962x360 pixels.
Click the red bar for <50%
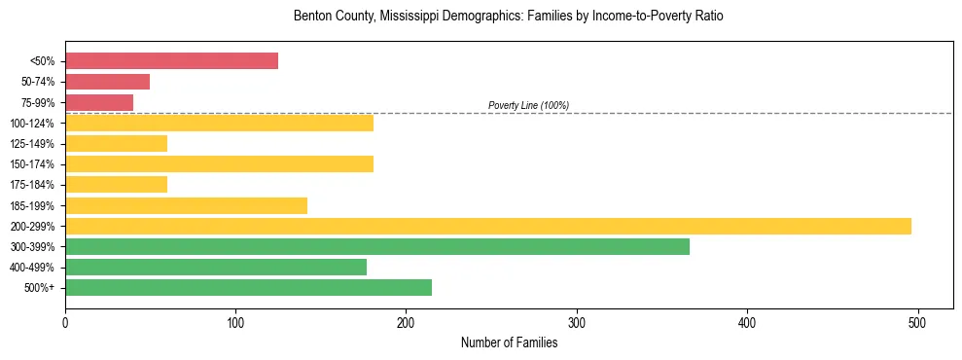(x=171, y=61)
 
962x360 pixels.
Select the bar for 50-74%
(x=107, y=82)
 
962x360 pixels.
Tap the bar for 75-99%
(x=99, y=102)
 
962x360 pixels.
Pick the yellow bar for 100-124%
(x=219, y=123)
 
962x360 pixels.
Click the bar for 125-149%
(x=116, y=144)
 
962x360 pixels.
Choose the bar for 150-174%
(x=219, y=164)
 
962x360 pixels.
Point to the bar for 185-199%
(x=186, y=205)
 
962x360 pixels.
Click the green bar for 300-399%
(x=377, y=247)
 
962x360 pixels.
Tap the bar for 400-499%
(x=216, y=268)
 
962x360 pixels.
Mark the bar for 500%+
(x=248, y=288)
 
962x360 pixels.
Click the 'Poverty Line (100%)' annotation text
(x=528, y=105)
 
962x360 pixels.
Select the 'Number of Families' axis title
(x=509, y=342)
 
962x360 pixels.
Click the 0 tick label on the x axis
(x=65, y=322)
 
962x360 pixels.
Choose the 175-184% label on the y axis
(x=32, y=185)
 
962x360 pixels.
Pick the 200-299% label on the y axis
(x=32, y=227)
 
